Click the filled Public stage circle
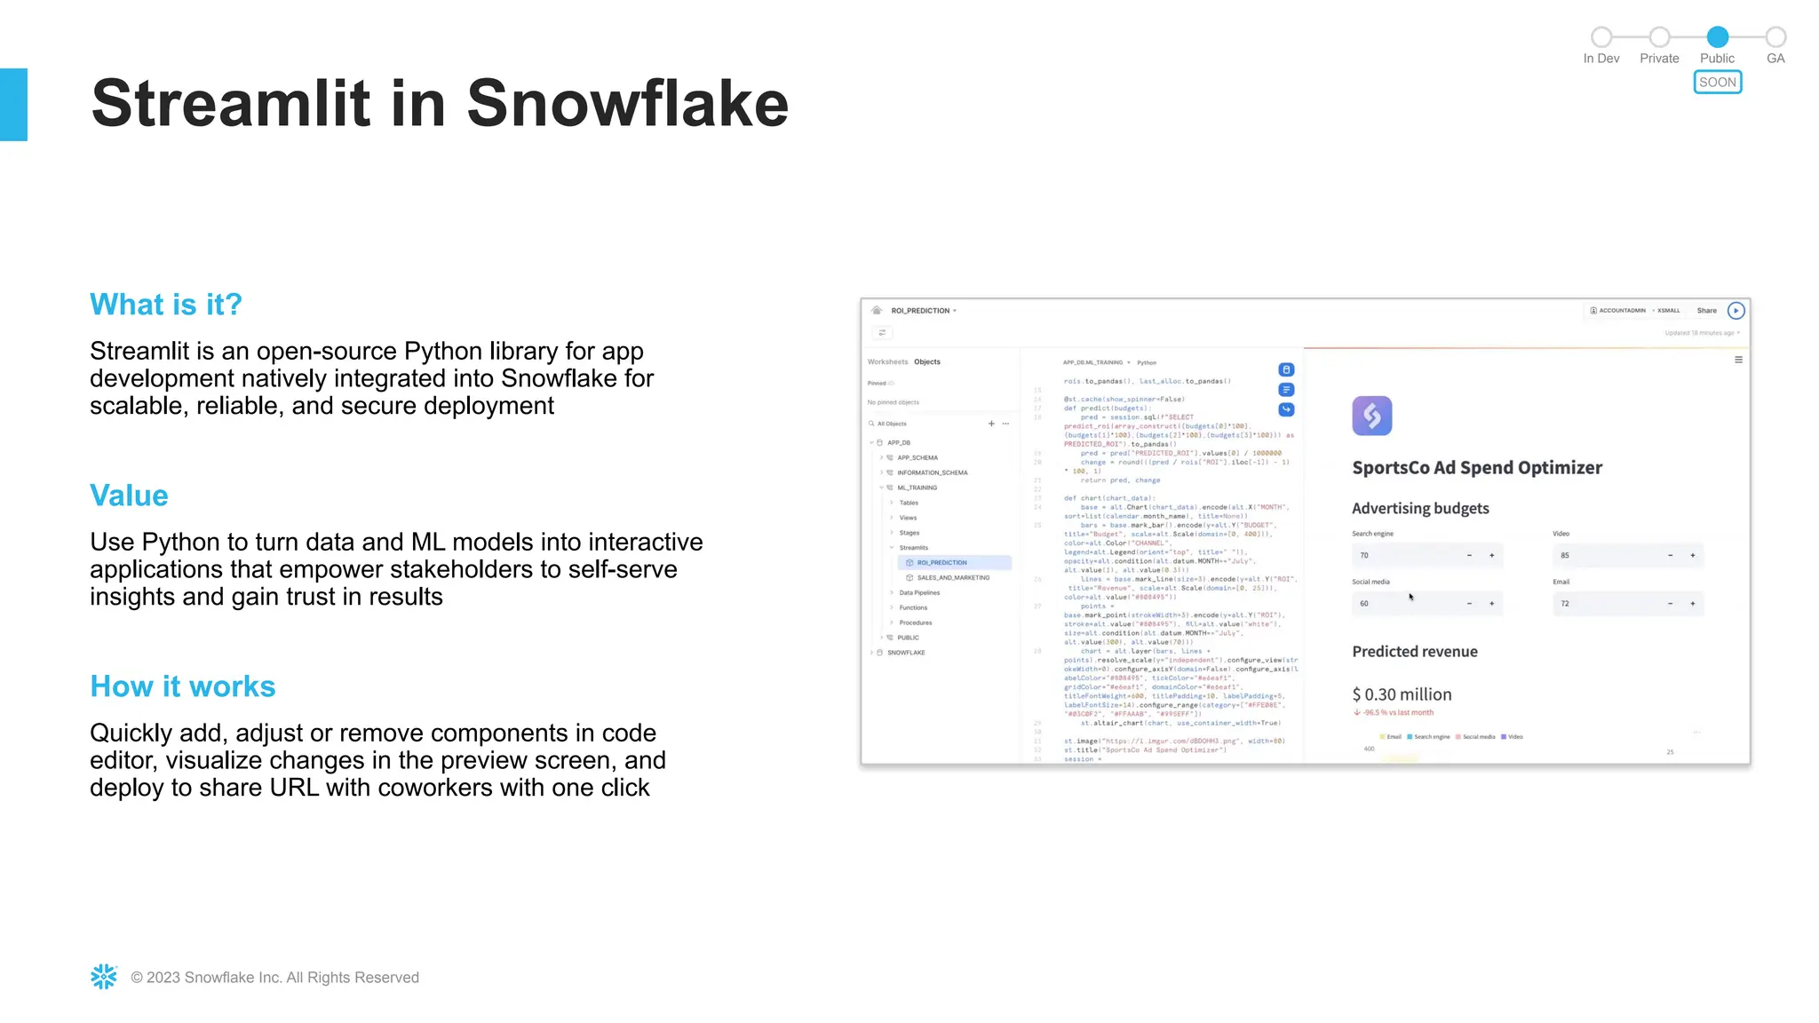click(x=1717, y=37)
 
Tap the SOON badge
click(x=1717, y=83)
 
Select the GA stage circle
click(x=1775, y=37)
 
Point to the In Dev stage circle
click(x=1601, y=37)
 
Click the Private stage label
click(x=1659, y=59)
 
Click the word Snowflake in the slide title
click(x=627, y=104)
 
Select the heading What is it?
click(x=166, y=305)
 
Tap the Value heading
click(x=129, y=496)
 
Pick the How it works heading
click(x=183, y=686)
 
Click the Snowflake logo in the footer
click(x=104, y=977)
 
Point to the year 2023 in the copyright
click(x=163, y=978)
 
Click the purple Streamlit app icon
click(x=1371, y=416)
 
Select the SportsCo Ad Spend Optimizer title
click(x=1476, y=468)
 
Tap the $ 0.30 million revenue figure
click(x=1402, y=694)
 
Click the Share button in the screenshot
click(x=1706, y=311)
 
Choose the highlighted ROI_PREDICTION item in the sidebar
click(x=942, y=563)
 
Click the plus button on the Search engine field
click(x=1491, y=556)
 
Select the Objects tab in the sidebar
click(x=927, y=362)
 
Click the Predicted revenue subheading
click(x=1414, y=652)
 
